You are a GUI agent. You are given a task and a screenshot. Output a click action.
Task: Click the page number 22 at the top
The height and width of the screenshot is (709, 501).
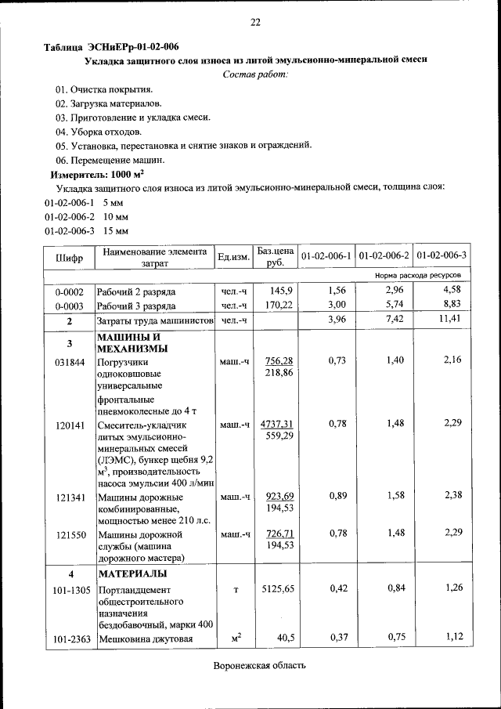[x=255, y=22]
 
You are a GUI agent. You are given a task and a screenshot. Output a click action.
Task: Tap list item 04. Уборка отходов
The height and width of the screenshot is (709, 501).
[x=99, y=131]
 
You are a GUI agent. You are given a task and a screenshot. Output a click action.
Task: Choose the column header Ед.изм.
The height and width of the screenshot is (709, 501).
[x=233, y=256]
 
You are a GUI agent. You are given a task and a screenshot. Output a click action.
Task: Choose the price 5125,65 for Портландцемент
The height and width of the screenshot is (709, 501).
[x=278, y=588]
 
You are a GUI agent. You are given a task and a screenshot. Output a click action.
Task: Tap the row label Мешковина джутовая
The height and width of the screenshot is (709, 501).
[x=145, y=639]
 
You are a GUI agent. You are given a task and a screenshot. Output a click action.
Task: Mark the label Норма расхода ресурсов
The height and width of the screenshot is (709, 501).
[x=423, y=276]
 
